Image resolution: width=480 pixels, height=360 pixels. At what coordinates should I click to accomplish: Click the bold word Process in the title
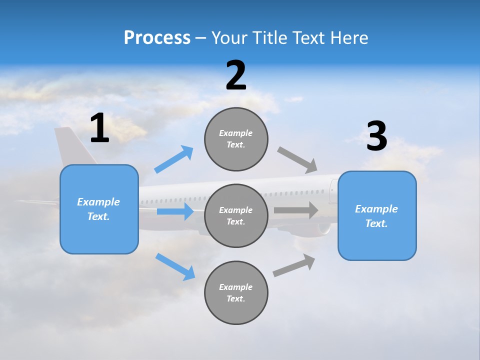click(x=157, y=37)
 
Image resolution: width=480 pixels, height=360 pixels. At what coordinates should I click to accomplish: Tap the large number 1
click(x=99, y=128)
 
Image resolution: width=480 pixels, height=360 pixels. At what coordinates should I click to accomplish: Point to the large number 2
click(x=236, y=75)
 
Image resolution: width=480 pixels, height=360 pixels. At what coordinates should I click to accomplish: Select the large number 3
click(x=376, y=136)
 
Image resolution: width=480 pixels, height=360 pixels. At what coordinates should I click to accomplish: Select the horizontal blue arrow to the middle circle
click(x=175, y=211)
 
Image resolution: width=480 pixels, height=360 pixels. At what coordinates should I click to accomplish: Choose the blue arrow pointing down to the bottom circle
click(x=175, y=266)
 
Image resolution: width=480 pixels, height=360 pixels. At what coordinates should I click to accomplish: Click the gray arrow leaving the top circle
click(x=297, y=160)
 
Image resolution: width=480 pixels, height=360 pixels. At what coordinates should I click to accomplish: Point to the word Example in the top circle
click(x=236, y=133)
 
